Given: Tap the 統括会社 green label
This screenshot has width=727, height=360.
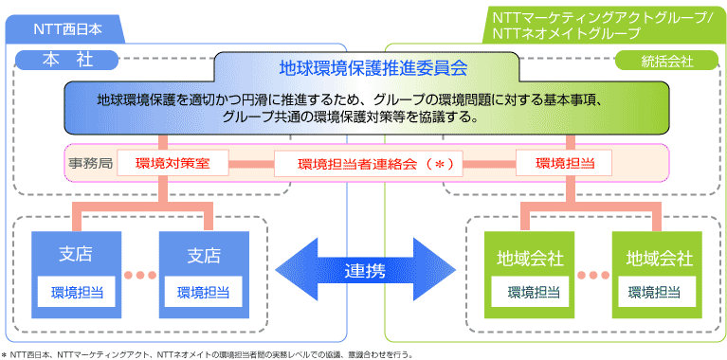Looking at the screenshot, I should click(x=667, y=61).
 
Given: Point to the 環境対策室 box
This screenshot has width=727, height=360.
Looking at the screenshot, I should click(x=179, y=163).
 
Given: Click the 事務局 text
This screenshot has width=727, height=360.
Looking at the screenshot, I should click(x=91, y=163).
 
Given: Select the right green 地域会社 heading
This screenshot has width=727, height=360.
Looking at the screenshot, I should click(x=658, y=258).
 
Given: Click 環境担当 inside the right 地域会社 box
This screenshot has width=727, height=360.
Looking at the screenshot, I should click(x=658, y=292).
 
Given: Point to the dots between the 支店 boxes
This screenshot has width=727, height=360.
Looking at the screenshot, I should click(x=139, y=276).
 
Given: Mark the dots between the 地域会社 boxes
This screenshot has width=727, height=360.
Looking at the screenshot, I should click(x=593, y=276).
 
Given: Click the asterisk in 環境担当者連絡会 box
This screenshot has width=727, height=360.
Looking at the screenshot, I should click(x=439, y=164).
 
